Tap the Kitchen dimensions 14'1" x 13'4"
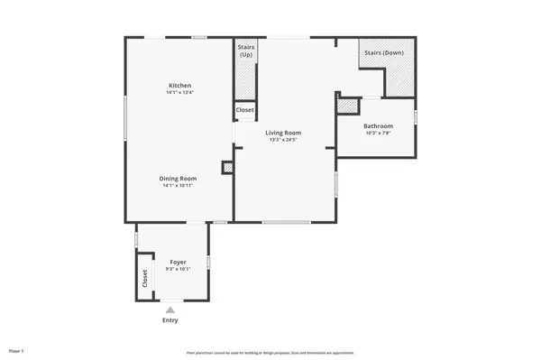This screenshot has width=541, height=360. coord(179,92)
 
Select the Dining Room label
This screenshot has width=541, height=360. coord(179,178)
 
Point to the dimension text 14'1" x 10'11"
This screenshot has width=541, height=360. coord(179,186)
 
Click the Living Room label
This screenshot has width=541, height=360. coord(282,133)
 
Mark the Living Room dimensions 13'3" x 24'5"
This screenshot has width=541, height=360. coord(282,140)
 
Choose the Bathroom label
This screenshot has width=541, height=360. coord(378,125)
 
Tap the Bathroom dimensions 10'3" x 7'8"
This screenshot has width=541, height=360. coord(378,133)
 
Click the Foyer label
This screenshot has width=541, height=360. coord(178,262)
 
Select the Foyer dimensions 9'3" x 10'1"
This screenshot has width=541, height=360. coord(178,269)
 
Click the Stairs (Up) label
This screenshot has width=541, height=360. coord(245,51)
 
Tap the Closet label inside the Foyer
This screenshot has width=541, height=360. coord(143,279)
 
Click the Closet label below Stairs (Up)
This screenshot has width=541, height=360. coord(244,110)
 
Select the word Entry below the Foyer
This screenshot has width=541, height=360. coord(170,320)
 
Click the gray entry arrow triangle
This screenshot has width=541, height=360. coord(170,309)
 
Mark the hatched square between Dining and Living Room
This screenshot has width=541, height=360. coord(228,167)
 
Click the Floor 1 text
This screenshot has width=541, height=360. coord(16,350)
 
